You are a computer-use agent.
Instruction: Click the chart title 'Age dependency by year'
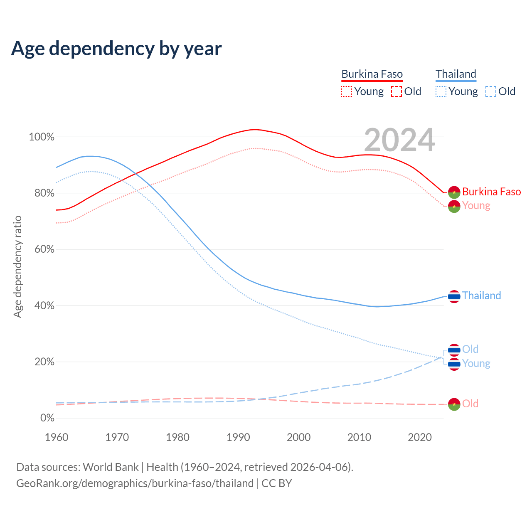coord(116,49)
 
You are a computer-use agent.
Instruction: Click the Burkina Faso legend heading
coord(372,74)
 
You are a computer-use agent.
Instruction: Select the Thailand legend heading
coord(456,74)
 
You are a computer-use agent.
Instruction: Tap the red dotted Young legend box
coord(347,91)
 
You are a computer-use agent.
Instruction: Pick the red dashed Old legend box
coord(397,91)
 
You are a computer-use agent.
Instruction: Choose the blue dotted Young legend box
coord(441,91)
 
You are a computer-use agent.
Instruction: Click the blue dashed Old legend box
coord(491,91)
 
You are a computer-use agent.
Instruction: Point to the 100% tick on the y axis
coord(42,137)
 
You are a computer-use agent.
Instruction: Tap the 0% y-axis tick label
coord(47,418)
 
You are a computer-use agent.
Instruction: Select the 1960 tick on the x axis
coord(57,437)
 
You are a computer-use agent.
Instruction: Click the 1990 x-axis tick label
coord(238,437)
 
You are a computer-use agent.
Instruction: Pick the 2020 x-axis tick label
coord(420,437)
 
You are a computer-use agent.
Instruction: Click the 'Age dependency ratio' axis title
coord(17,266)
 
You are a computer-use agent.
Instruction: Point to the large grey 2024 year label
coord(399,140)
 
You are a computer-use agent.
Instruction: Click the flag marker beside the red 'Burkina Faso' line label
coord(454,192)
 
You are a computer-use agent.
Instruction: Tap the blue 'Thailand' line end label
coord(481,296)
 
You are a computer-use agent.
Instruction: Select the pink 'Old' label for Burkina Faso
coord(470,404)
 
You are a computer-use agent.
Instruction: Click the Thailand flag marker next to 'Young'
coord(454,364)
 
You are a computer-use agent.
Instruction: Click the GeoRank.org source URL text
coord(135,483)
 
